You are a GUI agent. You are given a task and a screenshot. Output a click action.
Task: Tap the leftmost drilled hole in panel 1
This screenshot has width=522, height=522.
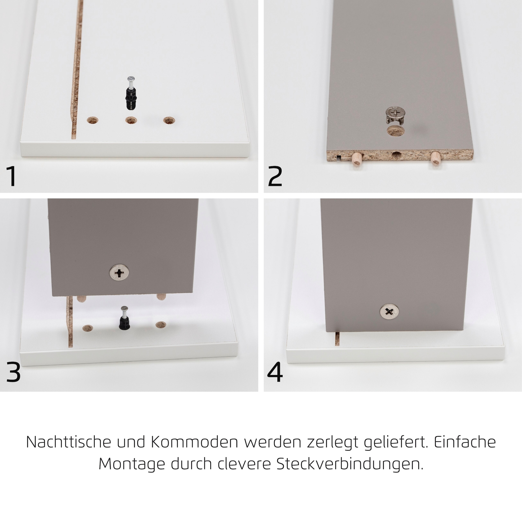click(92, 120)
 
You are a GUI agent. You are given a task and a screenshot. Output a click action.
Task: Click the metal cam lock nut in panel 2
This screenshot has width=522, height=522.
click(395, 115)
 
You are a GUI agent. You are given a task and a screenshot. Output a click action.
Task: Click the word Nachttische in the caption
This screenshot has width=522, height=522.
click(69, 442)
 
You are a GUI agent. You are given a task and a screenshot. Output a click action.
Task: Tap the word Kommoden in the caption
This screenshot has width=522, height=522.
click(194, 442)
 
